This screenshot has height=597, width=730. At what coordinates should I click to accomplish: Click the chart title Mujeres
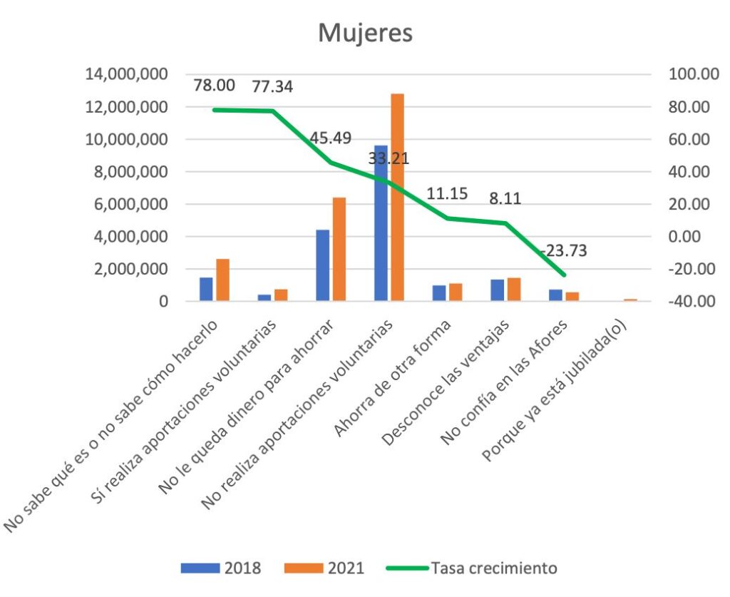pos(364,33)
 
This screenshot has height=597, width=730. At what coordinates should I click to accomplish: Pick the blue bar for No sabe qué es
pos(206,290)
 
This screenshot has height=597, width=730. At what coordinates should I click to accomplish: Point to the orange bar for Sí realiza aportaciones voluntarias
pos(280,295)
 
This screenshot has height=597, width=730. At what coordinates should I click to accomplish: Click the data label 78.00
pos(214,86)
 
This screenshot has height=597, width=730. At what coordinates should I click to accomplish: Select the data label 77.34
pos(272,87)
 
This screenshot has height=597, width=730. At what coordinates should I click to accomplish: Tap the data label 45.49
pos(330,138)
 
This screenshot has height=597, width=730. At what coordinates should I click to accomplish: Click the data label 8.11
pos(504,198)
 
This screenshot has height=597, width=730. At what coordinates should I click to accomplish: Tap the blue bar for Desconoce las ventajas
pos(496,290)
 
